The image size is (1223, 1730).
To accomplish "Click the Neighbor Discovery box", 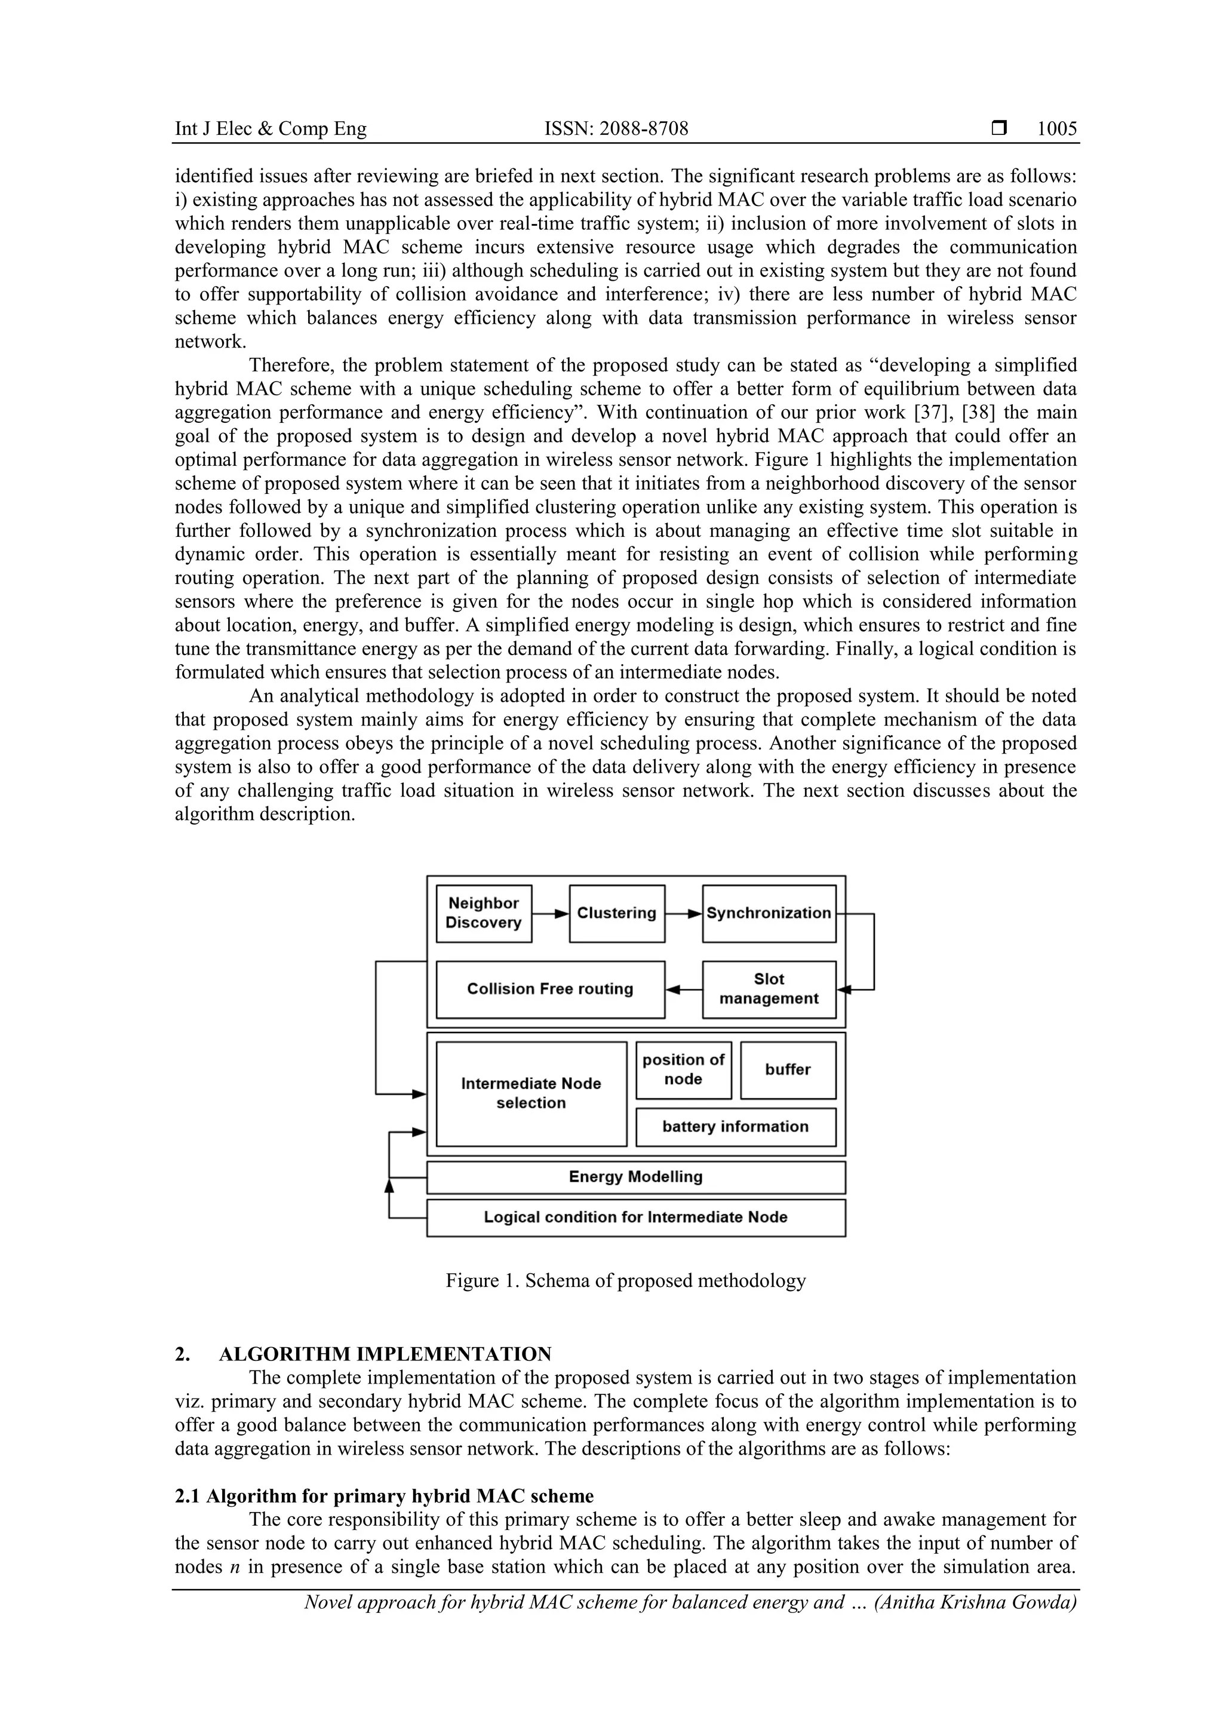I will [x=484, y=913].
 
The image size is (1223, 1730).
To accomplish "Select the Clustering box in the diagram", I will [x=616, y=913].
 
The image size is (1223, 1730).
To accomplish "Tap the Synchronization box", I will [x=769, y=913].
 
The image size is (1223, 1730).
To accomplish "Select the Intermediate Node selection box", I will [x=531, y=1093].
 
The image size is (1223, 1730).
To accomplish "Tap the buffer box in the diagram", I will [x=788, y=1069].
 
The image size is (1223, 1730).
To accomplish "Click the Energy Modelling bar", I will [x=635, y=1177].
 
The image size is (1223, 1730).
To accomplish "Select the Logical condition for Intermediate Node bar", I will [x=635, y=1217].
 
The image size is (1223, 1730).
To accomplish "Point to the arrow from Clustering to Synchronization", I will [x=684, y=913].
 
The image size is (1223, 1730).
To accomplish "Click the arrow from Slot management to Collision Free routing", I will [x=684, y=990].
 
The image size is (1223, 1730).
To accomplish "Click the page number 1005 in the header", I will [x=1056, y=129].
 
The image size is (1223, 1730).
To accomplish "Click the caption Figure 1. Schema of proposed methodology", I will [x=625, y=1280].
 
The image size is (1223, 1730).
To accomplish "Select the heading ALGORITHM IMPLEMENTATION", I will [x=385, y=1354].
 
